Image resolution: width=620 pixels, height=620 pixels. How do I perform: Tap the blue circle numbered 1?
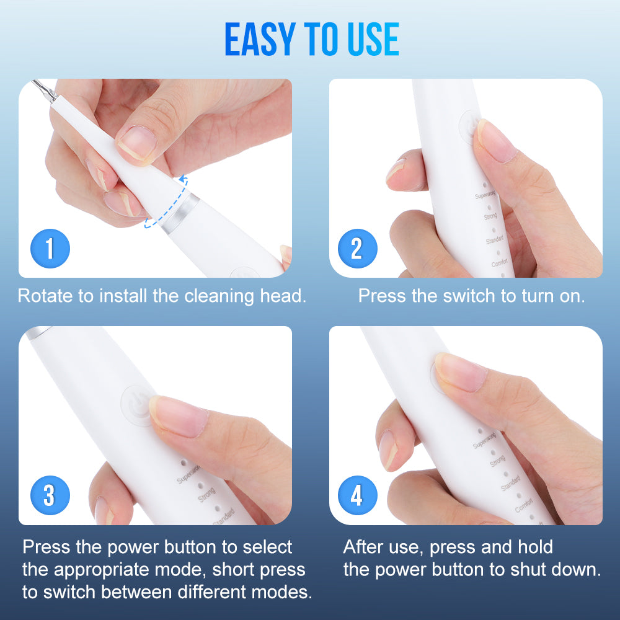pyautogui.click(x=50, y=249)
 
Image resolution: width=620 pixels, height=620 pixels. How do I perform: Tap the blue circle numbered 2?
pyautogui.click(x=357, y=249)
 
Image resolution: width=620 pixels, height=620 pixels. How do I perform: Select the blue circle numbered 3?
pyautogui.click(x=50, y=495)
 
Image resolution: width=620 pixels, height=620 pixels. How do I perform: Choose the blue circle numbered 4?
pyautogui.click(x=357, y=495)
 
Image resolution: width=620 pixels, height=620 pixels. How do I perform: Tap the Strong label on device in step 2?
pyautogui.click(x=490, y=217)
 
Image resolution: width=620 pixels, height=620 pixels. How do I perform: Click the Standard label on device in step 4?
pyautogui.click(x=511, y=482)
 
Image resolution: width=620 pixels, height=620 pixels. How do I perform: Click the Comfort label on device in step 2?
pyautogui.click(x=499, y=263)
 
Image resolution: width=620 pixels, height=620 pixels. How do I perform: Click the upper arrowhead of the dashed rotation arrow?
pyautogui.click(x=183, y=179)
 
